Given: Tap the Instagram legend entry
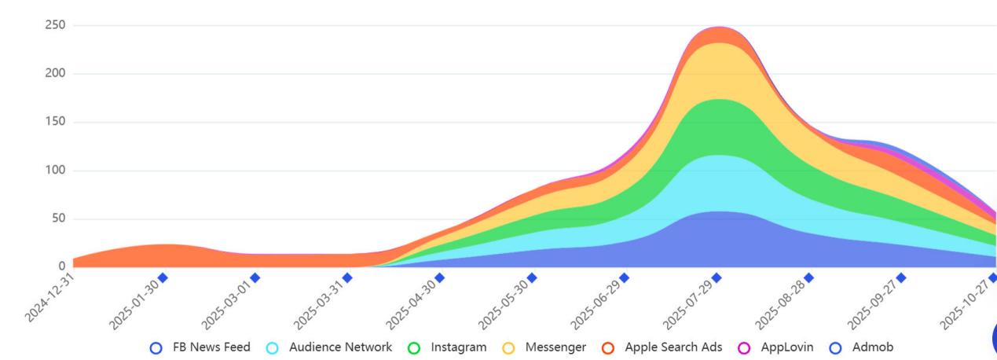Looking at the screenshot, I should coord(448,347).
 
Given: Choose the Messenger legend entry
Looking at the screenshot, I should coord(544,347).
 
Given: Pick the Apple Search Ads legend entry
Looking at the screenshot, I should coord(662,347).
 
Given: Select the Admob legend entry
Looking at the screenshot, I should coord(863,347).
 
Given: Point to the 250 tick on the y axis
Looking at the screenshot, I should coord(54,25).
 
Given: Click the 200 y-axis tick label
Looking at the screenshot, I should coord(54,74).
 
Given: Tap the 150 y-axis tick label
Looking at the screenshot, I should coord(54,122).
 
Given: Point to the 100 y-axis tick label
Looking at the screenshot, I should coord(54,171).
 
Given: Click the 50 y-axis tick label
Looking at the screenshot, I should coord(57,219).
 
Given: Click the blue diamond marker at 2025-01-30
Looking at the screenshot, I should coord(163,277).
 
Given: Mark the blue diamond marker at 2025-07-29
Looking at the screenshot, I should coord(717,277).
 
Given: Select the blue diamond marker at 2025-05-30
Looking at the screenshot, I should coord(532,277).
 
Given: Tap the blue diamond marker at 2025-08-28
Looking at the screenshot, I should coord(808,277).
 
